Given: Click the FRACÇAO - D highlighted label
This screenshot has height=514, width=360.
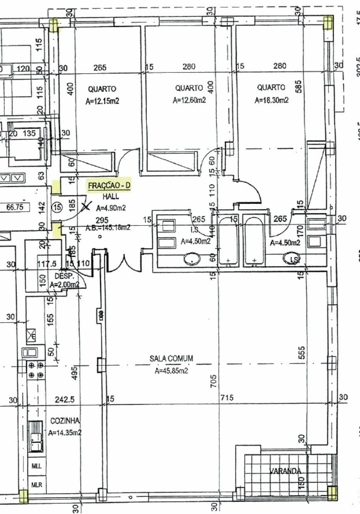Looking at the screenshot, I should pos(109,185).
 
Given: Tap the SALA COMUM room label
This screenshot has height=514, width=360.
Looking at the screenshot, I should pos(171,359).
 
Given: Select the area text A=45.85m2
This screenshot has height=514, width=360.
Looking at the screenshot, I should pos(171,371).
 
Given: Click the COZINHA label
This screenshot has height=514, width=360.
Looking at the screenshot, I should pos(65,421).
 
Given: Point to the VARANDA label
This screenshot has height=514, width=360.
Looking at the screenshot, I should pos(285,471).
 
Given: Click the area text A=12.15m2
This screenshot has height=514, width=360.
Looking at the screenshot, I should pos(102,102).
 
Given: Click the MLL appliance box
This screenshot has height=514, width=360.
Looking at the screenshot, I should pos(37,466).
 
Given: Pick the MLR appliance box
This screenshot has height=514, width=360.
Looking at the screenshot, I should pos(37,485).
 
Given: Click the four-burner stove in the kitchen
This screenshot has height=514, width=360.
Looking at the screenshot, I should pos(35,370).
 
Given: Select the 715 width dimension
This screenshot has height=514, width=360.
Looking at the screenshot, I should pos(227,398).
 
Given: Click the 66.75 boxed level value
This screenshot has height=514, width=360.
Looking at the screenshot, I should pos(16,207).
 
